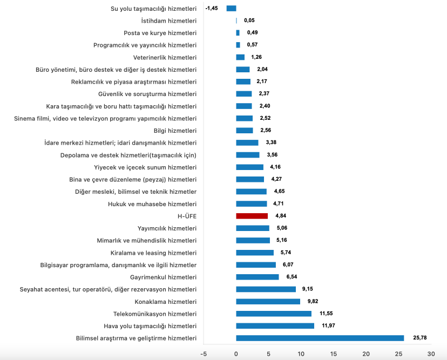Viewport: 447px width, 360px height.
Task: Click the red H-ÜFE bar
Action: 252,216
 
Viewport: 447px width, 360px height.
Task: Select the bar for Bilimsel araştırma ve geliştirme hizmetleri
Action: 320,338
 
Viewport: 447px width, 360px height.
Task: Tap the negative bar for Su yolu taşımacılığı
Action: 231,8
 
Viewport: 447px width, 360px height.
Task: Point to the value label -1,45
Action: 212,8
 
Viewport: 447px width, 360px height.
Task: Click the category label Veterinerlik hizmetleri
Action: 165,57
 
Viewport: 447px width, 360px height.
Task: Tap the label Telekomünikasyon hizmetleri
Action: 154,314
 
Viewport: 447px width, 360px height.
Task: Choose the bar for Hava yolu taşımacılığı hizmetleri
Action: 275,325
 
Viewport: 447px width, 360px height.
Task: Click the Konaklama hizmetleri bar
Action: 268,301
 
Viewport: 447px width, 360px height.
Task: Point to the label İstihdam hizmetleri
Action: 168,21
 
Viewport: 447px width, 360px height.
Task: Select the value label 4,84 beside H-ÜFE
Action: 281,216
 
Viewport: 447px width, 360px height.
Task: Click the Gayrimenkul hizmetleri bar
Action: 257,277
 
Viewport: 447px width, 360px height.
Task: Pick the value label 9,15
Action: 308,289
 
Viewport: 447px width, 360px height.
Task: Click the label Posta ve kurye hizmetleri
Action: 160,33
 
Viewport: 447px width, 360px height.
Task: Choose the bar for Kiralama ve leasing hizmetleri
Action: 255,253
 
